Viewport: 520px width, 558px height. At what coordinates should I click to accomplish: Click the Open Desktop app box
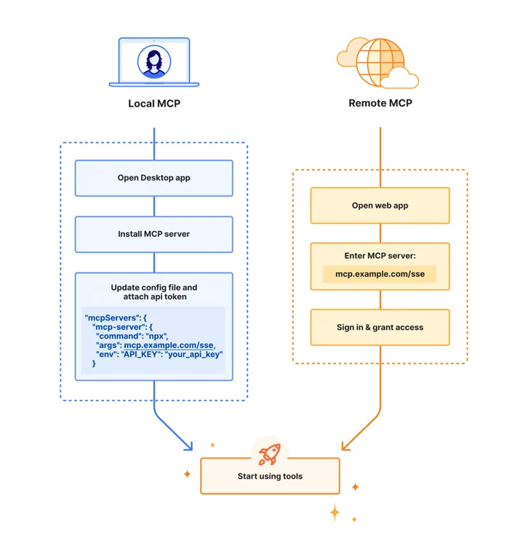point(154,178)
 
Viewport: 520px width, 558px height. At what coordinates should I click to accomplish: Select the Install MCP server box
point(154,234)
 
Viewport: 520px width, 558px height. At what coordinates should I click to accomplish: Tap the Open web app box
point(380,206)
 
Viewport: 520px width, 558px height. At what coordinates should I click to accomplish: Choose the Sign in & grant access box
point(380,327)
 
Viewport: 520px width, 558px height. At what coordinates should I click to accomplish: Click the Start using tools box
point(270,476)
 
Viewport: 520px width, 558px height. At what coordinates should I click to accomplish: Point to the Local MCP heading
point(154,104)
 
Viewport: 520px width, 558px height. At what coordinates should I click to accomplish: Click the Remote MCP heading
point(380,103)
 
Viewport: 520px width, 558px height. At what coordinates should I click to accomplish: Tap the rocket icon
point(269,454)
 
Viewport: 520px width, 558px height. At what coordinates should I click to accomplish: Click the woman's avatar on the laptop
point(154,62)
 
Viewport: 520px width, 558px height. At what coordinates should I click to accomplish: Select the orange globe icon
point(380,62)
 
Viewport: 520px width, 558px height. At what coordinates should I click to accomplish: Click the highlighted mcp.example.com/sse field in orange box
point(380,274)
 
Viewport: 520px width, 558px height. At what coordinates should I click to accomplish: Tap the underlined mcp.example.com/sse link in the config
point(169,345)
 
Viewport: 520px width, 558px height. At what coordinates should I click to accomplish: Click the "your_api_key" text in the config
point(193,354)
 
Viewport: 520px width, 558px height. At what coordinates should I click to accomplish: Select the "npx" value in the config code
point(156,336)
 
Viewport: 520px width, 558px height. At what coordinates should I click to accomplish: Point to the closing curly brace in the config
point(94,363)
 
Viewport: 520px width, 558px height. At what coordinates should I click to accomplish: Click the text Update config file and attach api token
point(154,292)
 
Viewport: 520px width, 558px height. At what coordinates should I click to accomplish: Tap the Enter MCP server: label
point(380,256)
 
